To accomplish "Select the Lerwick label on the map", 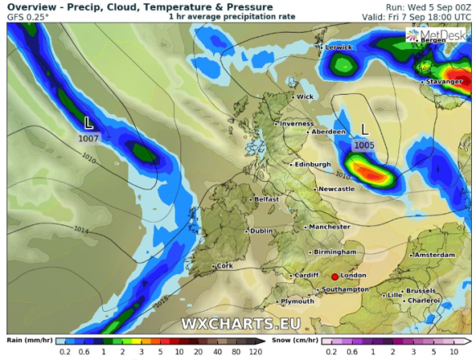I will pyautogui.click(x=338, y=47).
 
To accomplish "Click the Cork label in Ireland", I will pyautogui.click(x=225, y=266).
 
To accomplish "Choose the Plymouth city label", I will pyautogui.click(x=296, y=302).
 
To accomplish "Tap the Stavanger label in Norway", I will pyautogui.click(x=443, y=82).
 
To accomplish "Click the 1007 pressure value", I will pyautogui.click(x=89, y=139).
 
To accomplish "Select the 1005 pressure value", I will pyautogui.click(x=364, y=144).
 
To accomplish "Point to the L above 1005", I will pyautogui.click(x=364, y=129).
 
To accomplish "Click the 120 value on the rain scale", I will pyautogui.click(x=255, y=353).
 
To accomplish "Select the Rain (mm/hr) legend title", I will pyautogui.click(x=26, y=340).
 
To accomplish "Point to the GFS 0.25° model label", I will pyautogui.click(x=28, y=16).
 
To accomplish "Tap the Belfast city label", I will pyautogui.click(x=266, y=199).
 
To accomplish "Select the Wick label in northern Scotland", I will pyautogui.click(x=305, y=96).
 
